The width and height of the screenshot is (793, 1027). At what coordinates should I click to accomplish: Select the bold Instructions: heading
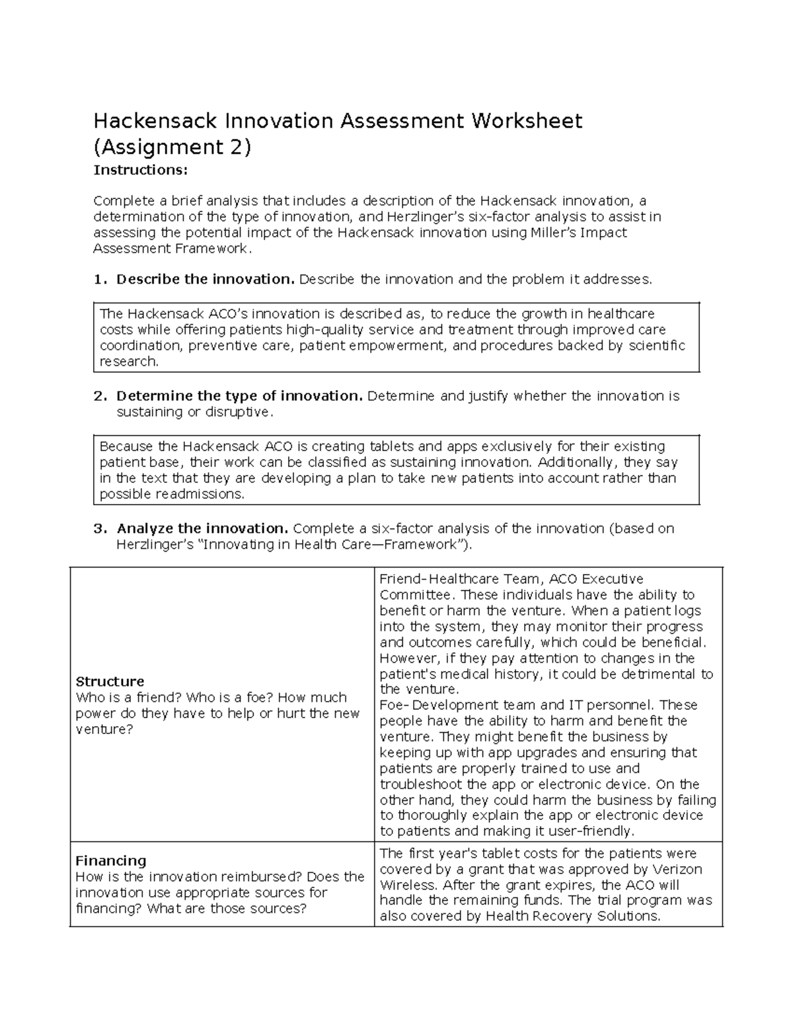point(141,171)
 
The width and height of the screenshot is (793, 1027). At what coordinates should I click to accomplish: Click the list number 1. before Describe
point(100,280)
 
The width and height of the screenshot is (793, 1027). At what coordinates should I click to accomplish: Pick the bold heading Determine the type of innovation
point(239,396)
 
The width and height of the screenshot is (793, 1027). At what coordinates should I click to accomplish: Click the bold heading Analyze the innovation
point(202,528)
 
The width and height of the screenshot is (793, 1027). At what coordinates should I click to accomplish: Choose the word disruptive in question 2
point(237,412)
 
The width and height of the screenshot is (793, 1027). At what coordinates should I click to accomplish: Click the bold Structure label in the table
point(110,682)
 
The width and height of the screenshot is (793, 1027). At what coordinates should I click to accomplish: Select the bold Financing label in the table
point(110,861)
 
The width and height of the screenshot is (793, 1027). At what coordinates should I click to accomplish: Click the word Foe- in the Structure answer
point(395,705)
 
